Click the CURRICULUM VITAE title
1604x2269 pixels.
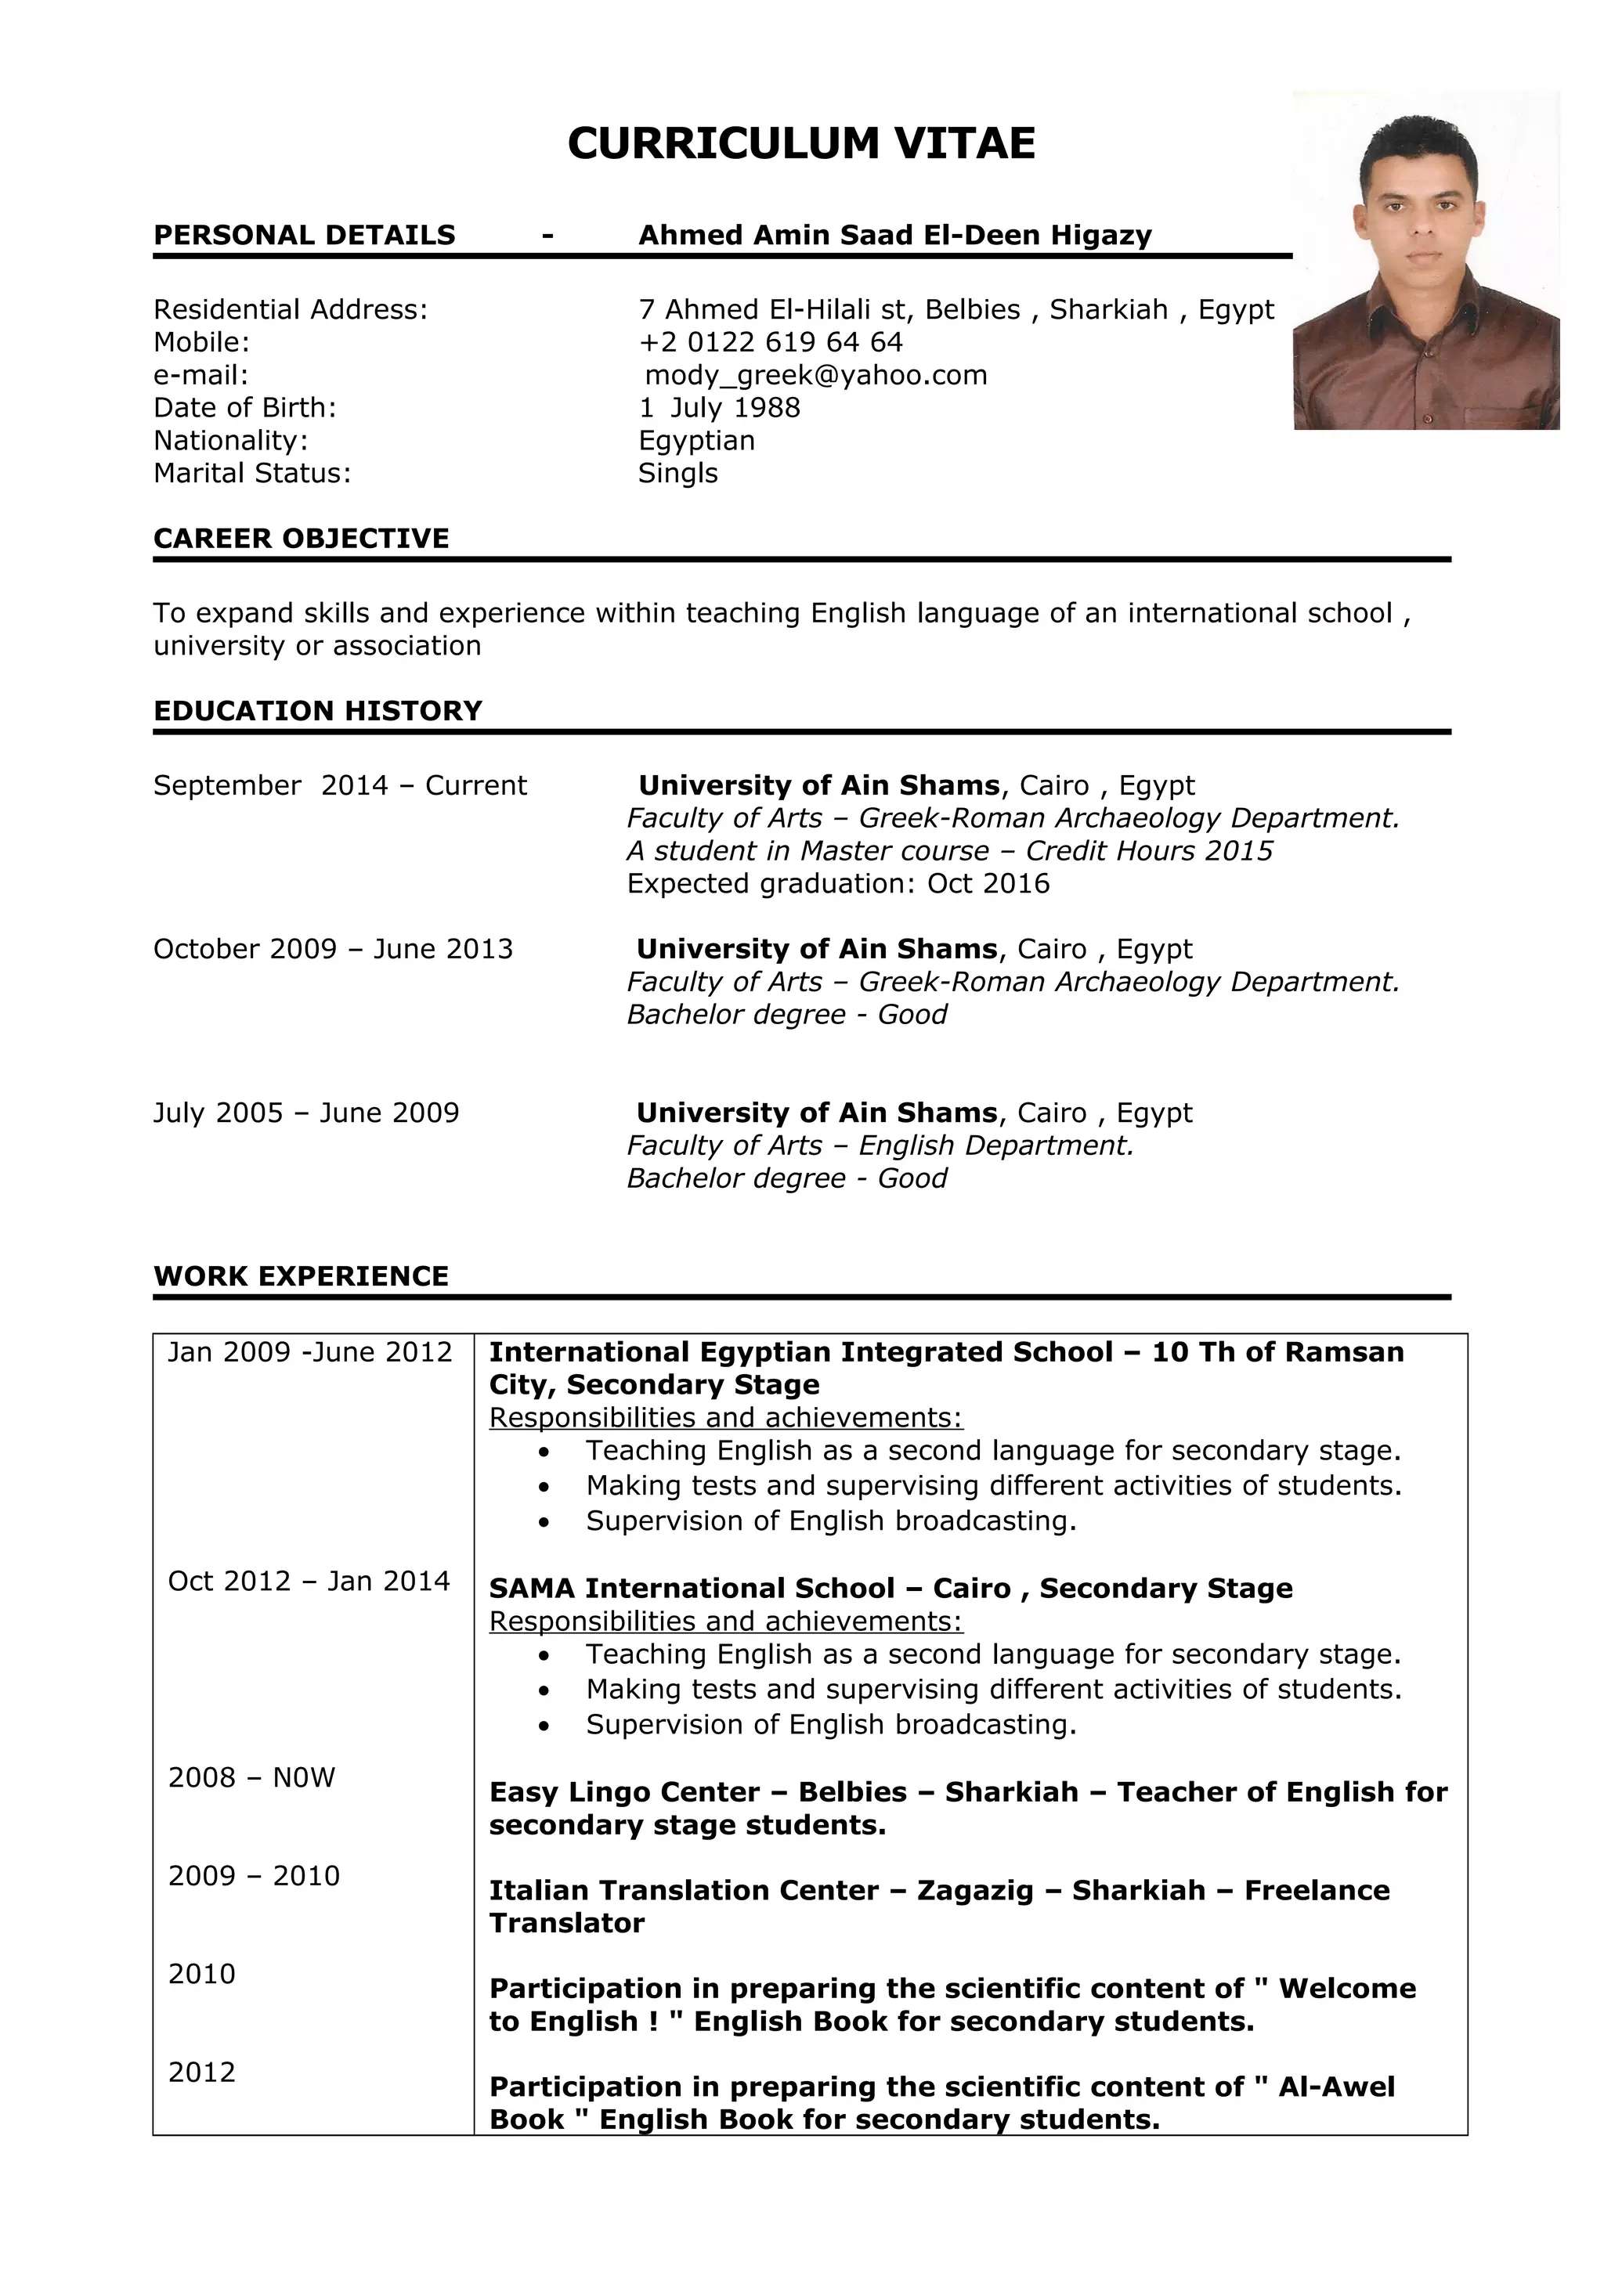(800, 143)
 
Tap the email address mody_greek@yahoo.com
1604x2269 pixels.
(815, 374)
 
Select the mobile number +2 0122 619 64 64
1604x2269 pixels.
(770, 342)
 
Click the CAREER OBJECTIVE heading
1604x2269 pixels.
(301, 538)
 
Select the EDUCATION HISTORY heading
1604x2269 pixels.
(317, 711)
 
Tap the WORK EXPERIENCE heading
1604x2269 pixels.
(301, 1275)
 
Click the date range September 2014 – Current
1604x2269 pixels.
(339, 785)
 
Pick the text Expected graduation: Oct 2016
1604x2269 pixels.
(837, 883)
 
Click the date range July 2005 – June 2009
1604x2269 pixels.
(305, 1113)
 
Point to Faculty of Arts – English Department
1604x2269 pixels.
(880, 1145)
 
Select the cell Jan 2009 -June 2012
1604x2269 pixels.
(309, 1352)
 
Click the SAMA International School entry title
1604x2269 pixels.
(890, 1588)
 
